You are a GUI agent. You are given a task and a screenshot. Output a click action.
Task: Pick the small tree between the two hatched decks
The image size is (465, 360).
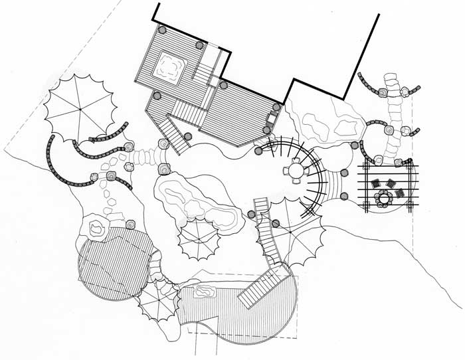(x=157, y=300)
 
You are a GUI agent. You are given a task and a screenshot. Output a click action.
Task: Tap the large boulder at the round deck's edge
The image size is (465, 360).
(x=97, y=228)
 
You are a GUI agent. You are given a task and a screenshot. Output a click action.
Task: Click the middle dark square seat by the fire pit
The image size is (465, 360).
(x=390, y=184)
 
